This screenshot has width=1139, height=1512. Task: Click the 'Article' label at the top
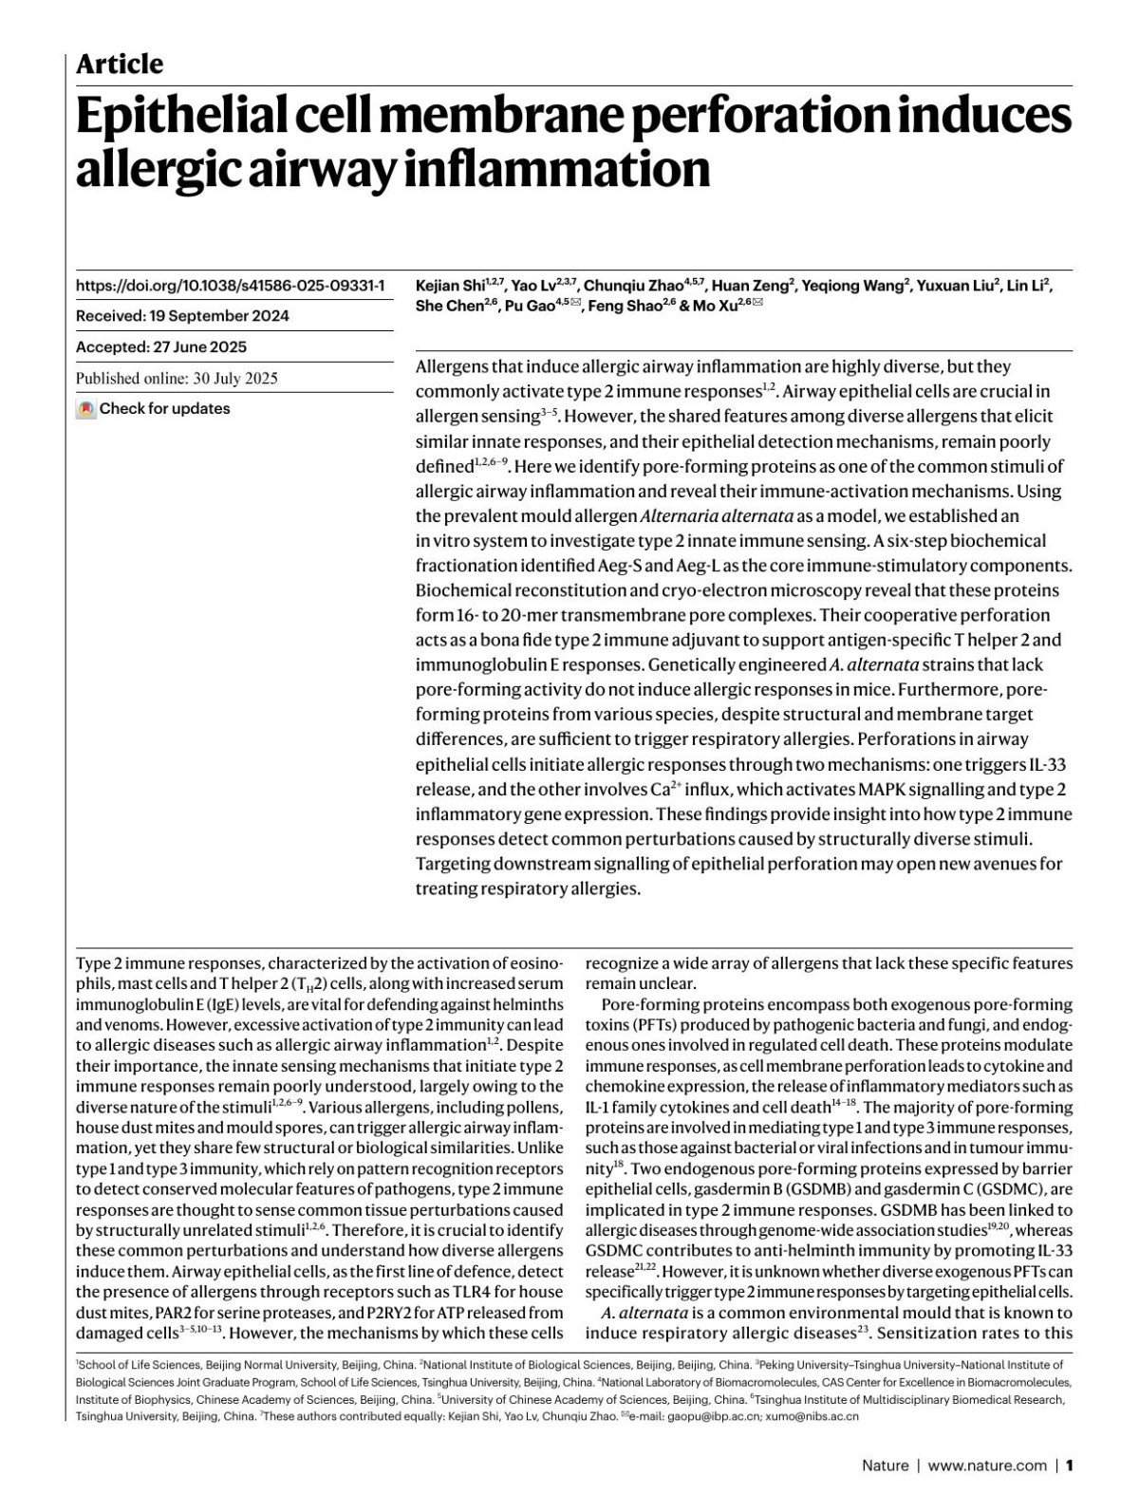[x=119, y=65]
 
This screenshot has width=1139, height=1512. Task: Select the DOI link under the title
[x=230, y=285]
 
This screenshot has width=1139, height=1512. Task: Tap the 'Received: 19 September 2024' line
[x=182, y=316]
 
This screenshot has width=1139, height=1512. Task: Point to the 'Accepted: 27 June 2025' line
[x=160, y=347]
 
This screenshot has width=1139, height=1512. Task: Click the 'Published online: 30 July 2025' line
[x=177, y=378]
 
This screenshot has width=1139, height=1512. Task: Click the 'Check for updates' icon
[x=86, y=409]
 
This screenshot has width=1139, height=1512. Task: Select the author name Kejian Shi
[x=450, y=286]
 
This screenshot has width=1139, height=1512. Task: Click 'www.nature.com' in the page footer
[x=987, y=1465]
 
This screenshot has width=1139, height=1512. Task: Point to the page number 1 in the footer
[x=1070, y=1465]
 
